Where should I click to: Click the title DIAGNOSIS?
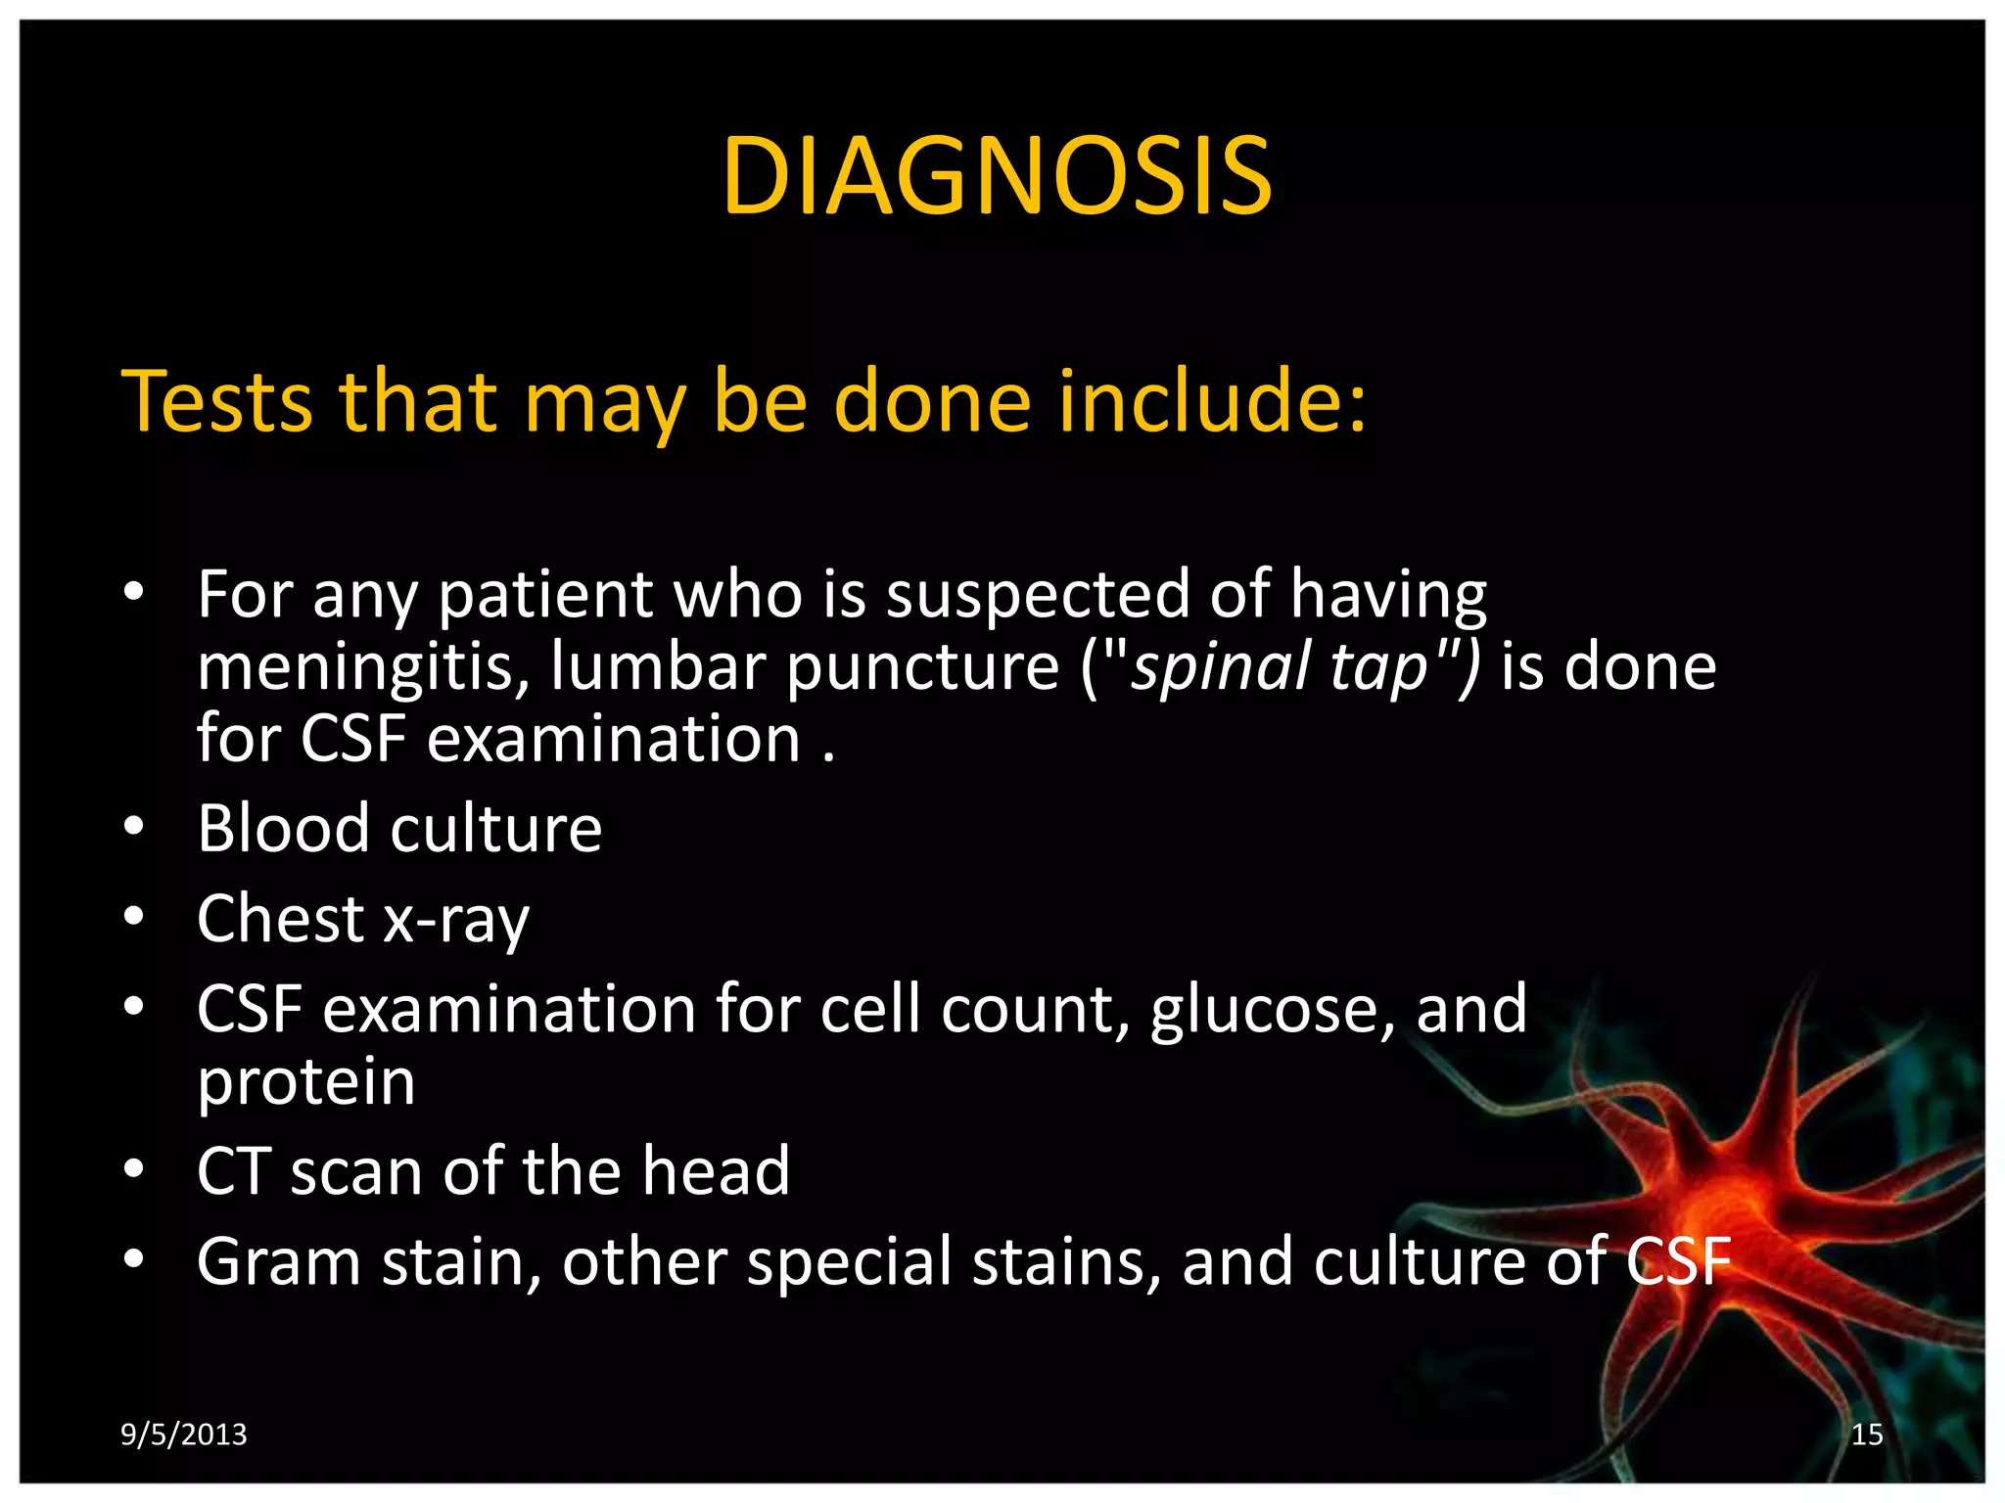click(997, 177)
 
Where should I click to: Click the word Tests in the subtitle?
click(216, 401)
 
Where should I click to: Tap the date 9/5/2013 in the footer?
click(183, 1435)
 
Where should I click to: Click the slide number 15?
click(1867, 1435)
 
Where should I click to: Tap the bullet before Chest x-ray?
click(134, 918)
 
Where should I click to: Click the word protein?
click(306, 1083)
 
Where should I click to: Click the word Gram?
click(279, 1262)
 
